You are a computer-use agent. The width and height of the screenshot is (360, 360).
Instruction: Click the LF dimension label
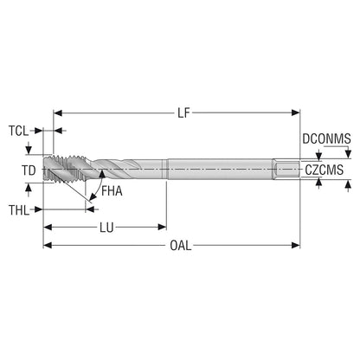(183, 113)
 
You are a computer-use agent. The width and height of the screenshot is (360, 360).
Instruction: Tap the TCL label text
(19, 131)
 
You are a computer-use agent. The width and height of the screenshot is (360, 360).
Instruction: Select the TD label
(29, 170)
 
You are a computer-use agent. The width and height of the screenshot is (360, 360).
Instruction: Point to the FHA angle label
(112, 191)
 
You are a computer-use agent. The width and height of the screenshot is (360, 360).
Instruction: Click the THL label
(19, 210)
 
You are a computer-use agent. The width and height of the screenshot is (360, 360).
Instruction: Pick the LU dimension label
(106, 228)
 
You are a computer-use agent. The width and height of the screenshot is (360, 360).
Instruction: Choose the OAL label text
(181, 246)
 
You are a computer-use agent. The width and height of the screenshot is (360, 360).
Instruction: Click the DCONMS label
(326, 139)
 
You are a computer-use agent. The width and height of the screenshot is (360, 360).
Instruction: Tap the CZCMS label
(325, 170)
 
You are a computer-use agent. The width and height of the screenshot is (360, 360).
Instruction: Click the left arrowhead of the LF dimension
(58, 112)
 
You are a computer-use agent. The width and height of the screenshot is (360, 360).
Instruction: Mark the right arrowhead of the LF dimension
(296, 112)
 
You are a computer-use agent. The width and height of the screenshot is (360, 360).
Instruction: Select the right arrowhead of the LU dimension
(163, 228)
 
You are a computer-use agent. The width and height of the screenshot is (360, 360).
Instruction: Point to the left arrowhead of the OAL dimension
(48, 246)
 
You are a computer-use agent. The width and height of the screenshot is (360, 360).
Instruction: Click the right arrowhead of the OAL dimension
(296, 246)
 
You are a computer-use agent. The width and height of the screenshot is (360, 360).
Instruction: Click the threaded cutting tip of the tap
(65, 170)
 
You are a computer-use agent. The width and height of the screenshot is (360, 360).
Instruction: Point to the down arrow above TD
(29, 150)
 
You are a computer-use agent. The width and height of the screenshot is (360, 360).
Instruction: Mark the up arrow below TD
(29, 188)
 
